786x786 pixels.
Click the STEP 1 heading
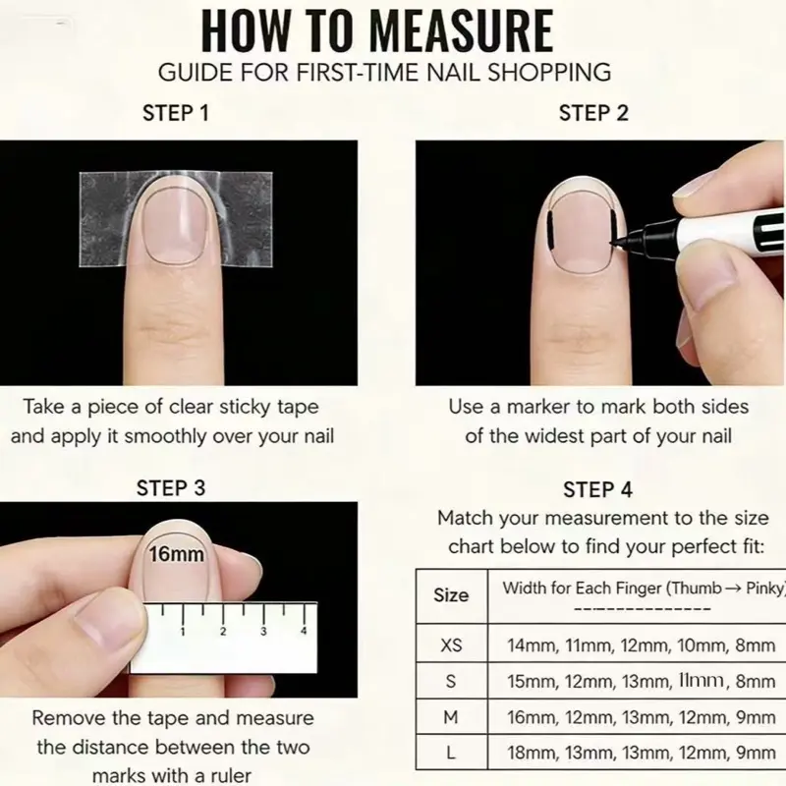pos(176,113)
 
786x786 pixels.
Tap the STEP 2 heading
pos(593,113)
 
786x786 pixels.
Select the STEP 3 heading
pos(171,487)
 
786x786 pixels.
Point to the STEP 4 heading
pos(597,489)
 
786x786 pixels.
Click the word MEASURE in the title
pos(461,31)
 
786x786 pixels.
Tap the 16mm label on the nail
pos(177,554)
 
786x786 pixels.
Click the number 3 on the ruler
pos(263,632)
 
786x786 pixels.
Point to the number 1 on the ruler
pos(183,632)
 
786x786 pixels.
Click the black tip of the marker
pos(616,243)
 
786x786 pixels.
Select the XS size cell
pos(451,645)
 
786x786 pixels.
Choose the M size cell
pos(451,717)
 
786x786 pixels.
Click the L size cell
pos(451,753)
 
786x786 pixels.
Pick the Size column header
pos(451,595)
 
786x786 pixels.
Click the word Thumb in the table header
pos(694,588)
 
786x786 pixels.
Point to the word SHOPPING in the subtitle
pos(549,72)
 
